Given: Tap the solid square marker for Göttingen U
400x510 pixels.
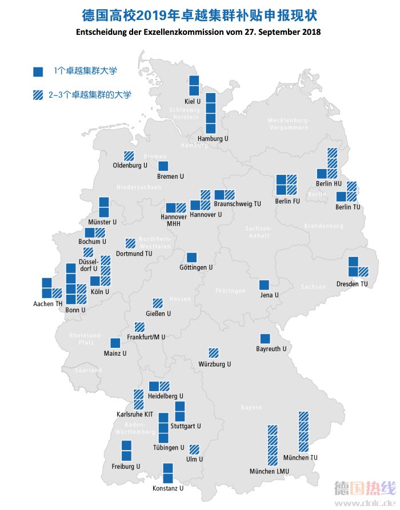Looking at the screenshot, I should (x=191, y=257).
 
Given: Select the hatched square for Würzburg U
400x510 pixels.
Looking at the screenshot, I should (x=214, y=353).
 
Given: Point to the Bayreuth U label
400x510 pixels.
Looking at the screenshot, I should (x=271, y=348).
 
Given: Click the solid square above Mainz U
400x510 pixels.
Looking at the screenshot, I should (x=115, y=343).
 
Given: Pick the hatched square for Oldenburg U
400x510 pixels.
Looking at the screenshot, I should (x=130, y=155).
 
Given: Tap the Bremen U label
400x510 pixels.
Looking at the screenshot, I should (x=170, y=176).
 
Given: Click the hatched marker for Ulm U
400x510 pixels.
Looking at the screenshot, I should (x=194, y=449).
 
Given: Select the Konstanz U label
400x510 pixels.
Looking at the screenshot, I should (x=168, y=488).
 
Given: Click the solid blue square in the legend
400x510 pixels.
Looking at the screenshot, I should (x=38, y=71).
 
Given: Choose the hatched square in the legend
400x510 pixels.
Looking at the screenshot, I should (x=38, y=95).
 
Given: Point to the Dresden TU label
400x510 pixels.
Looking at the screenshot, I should (x=352, y=283).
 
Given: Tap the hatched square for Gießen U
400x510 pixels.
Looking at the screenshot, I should (x=157, y=303).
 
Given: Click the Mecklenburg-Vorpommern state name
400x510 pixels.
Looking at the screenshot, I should (x=289, y=124).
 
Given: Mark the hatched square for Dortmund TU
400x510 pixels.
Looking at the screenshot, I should (x=130, y=242).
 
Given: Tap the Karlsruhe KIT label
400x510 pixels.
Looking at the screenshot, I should (x=134, y=414).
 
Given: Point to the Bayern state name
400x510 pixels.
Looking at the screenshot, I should (x=251, y=407).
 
